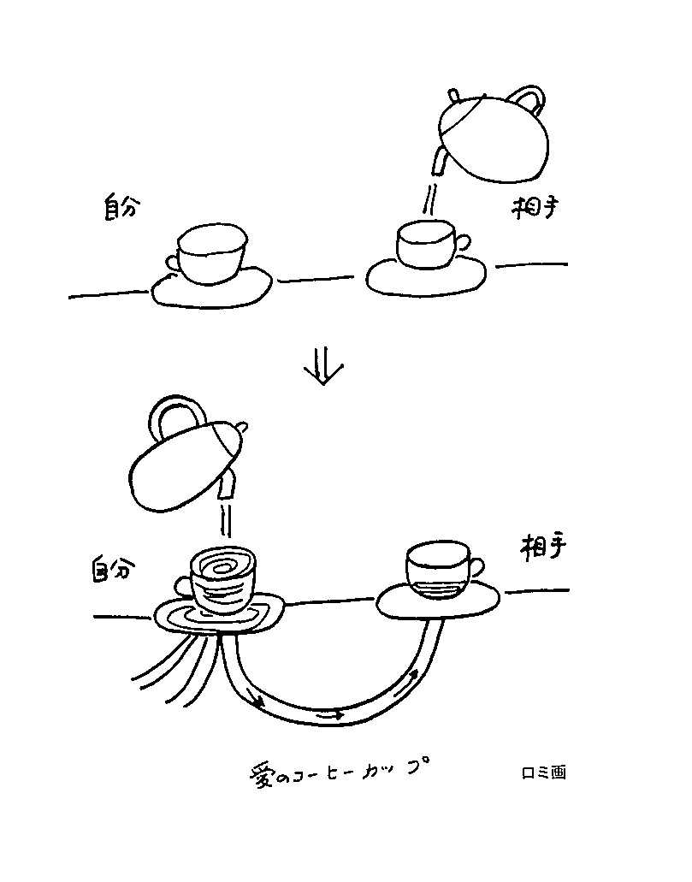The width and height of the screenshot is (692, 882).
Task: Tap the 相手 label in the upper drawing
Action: (535, 207)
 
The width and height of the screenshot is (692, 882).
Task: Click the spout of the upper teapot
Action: (440, 162)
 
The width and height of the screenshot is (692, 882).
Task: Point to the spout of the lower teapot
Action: (228, 485)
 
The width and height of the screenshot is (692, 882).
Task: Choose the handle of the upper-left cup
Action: (173, 263)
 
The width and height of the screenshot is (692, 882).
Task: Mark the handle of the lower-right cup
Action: (476, 567)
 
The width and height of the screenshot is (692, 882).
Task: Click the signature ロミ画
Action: (543, 772)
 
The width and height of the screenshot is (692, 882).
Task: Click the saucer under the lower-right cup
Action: (438, 601)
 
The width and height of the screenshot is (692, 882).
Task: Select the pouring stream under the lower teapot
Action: (226, 519)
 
